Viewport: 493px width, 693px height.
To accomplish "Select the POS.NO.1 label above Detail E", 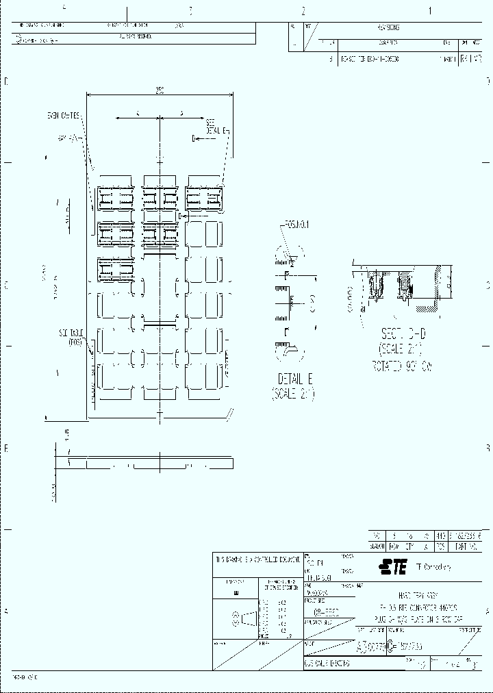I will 295,224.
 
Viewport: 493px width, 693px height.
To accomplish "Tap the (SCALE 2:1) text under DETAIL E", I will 292,394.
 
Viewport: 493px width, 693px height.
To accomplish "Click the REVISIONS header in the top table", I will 388,28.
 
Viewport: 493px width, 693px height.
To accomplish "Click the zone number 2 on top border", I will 303,10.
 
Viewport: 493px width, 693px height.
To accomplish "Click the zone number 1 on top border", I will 430,10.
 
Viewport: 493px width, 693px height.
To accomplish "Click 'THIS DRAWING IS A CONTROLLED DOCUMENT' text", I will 257,559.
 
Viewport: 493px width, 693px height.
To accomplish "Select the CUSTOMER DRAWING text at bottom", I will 327,664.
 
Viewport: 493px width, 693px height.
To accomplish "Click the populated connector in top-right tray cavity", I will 205,199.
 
